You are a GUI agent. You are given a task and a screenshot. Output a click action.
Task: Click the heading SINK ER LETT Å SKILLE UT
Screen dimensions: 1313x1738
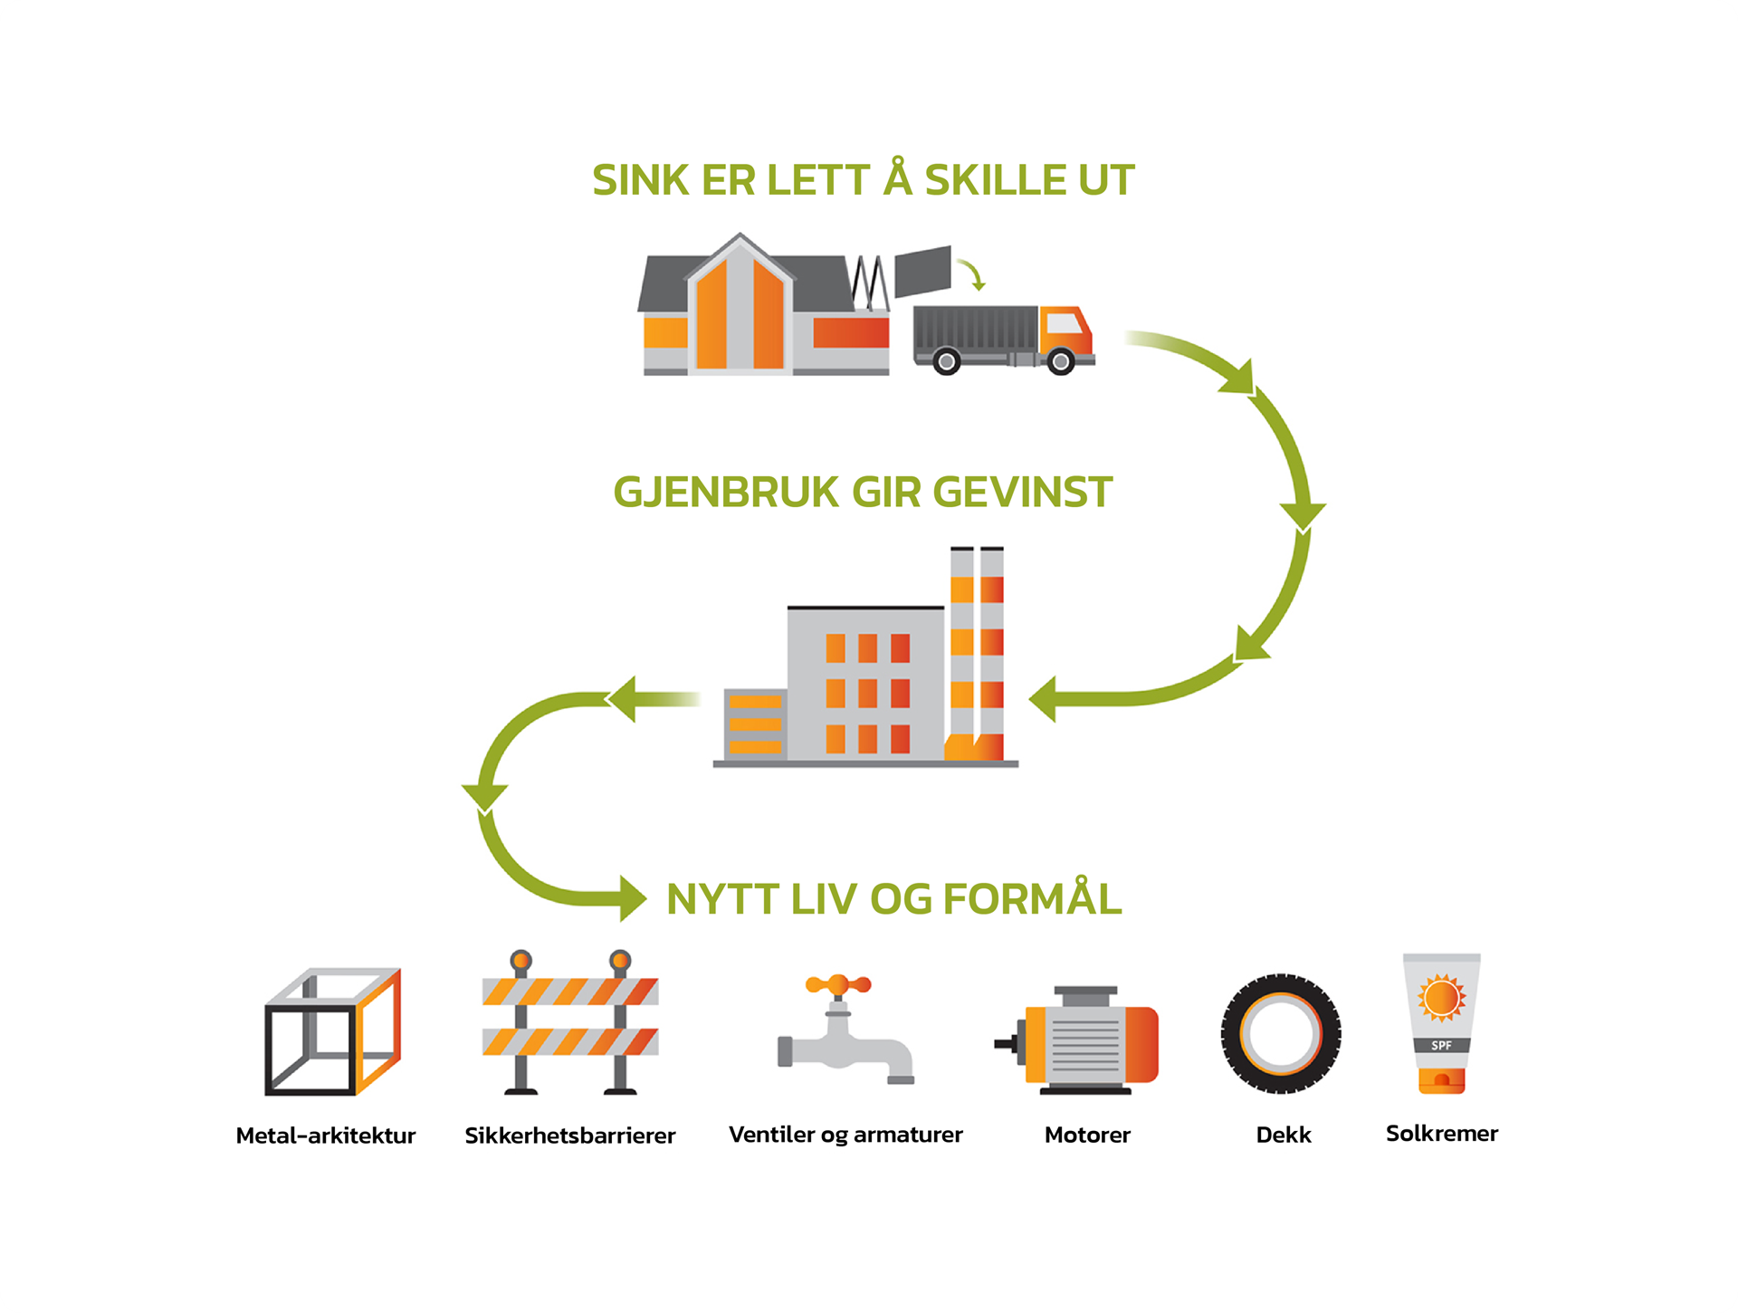tap(863, 179)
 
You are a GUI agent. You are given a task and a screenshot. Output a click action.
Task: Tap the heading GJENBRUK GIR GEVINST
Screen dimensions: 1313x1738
tap(863, 493)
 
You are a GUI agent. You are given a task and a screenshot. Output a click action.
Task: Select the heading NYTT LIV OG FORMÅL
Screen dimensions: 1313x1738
tap(893, 899)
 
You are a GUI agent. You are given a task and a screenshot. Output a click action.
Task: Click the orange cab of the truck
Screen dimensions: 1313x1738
tap(1065, 331)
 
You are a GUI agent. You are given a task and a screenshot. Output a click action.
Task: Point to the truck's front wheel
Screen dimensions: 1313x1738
tap(1060, 362)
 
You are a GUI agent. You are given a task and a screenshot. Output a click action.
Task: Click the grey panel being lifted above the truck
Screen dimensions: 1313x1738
tap(922, 271)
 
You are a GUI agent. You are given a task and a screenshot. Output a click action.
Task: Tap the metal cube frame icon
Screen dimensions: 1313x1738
tap(332, 1031)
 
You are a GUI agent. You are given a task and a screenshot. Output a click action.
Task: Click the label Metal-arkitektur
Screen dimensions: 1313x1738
tap(326, 1136)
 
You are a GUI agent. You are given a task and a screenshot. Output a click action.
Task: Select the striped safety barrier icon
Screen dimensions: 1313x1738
tap(570, 1022)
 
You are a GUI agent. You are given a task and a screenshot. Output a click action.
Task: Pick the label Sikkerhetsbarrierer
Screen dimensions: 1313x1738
tap(570, 1136)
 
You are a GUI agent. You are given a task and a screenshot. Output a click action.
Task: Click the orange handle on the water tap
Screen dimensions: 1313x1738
tap(838, 984)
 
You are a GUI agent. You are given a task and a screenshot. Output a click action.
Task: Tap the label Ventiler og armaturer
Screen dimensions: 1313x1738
tap(845, 1135)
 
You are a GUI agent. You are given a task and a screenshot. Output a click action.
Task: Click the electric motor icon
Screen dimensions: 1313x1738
tap(1083, 1040)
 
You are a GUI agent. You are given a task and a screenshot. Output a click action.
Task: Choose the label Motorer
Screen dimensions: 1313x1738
tap(1087, 1135)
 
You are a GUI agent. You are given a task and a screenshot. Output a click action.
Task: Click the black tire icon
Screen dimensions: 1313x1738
tap(1281, 1033)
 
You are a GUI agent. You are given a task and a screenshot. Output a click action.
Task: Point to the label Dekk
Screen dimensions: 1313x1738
tap(1284, 1135)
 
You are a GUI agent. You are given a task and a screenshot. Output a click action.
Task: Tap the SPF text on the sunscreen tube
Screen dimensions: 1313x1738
tap(1441, 1046)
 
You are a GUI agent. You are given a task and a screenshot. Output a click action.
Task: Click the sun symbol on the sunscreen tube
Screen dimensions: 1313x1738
tap(1441, 997)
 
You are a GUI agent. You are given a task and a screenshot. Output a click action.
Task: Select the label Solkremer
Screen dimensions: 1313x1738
tap(1442, 1134)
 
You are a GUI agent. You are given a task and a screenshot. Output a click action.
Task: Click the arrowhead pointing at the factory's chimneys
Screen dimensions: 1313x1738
tap(1044, 699)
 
